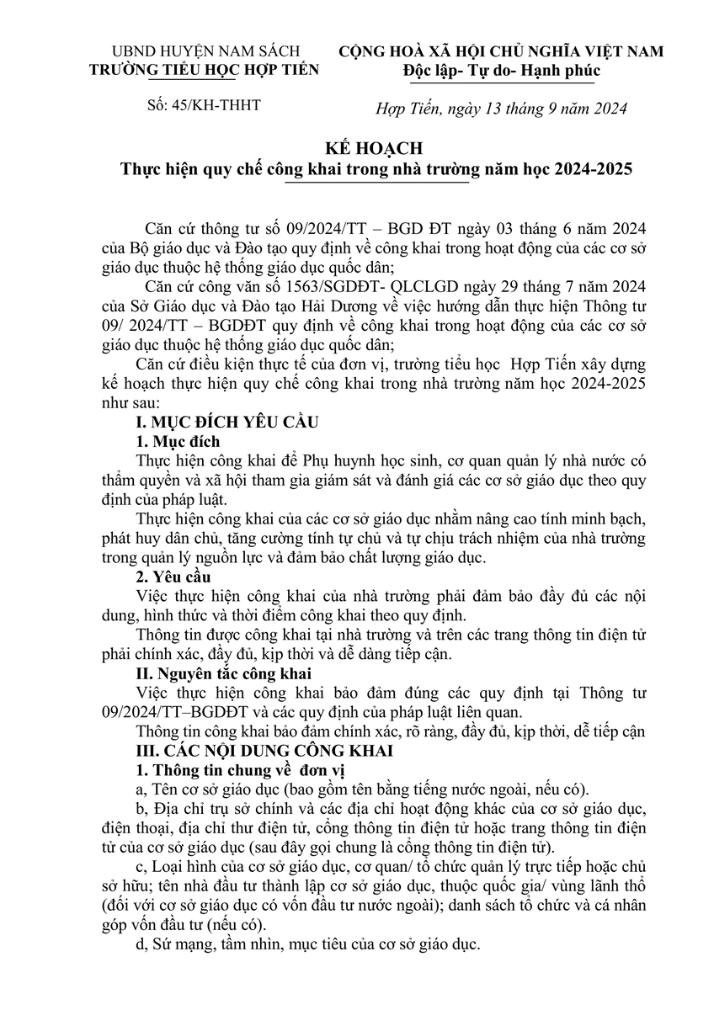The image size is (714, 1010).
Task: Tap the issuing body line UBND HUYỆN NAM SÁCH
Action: (204, 50)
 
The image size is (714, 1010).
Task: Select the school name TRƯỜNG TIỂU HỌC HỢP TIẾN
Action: (204, 70)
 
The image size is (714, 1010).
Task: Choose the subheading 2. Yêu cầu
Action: (175, 577)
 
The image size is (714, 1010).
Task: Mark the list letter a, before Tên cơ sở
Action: (140, 789)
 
